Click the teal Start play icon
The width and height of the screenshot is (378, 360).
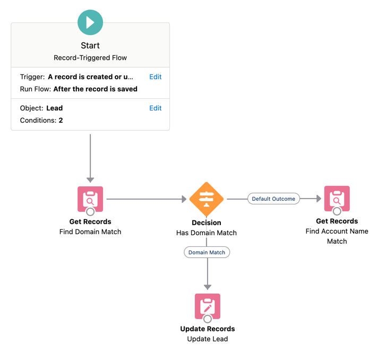point(90,22)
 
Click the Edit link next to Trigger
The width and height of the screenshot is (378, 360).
point(155,77)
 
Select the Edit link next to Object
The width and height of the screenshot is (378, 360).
point(155,108)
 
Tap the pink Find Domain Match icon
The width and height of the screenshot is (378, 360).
point(90,199)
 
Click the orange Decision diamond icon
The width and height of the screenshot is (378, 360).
point(207,199)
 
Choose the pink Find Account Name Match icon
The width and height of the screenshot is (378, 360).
point(337,199)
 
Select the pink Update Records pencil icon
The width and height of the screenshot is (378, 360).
point(207,306)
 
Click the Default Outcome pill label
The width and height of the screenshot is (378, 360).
point(273,199)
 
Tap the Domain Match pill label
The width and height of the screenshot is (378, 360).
point(207,252)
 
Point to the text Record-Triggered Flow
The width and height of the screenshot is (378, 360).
point(90,58)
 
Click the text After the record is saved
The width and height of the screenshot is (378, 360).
point(95,89)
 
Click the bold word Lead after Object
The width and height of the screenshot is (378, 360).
point(55,108)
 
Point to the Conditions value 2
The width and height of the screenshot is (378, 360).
point(61,121)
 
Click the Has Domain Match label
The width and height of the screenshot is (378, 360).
point(207,233)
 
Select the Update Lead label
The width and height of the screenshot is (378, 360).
point(207,339)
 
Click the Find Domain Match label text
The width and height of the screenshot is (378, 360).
point(90,232)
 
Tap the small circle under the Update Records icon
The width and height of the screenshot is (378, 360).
point(208,319)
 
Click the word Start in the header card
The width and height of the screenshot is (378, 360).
point(90,46)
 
